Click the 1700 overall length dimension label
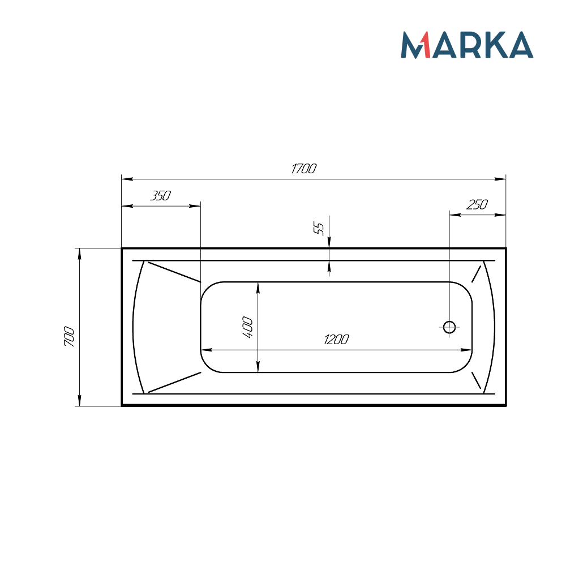[303, 169]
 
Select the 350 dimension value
[160, 196]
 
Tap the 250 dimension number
[477, 205]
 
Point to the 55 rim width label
[319, 229]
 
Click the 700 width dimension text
[69, 337]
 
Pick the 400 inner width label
[247, 327]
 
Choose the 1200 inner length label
[336, 340]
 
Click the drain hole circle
[449, 327]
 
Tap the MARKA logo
[467, 45]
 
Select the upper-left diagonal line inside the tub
[173, 271]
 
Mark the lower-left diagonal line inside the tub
[174, 382]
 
